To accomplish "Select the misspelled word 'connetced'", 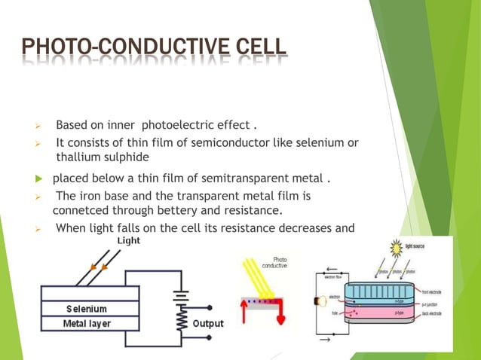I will pos(80,209).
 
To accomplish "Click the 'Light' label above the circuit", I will pos(128,240).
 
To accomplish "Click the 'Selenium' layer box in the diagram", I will pos(87,309).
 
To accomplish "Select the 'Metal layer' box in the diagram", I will pos(87,324).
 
